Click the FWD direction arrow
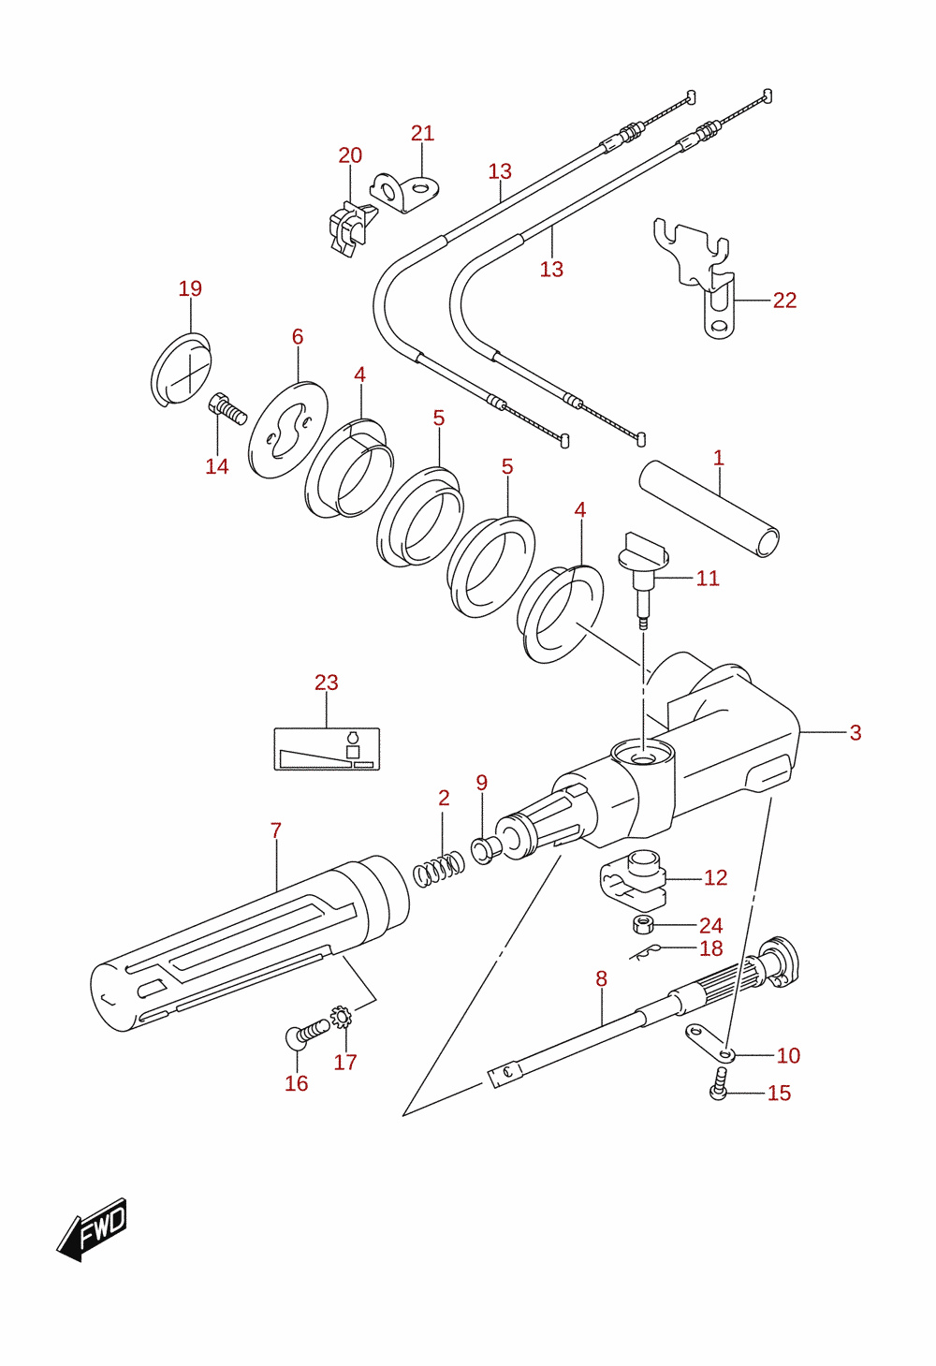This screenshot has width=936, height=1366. [x=92, y=1230]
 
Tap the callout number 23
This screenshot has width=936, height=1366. [x=327, y=683]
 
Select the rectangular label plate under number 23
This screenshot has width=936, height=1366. [x=327, y=749]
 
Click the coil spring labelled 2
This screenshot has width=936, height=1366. [x=438, y=869]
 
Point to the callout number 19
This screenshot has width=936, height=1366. [x=190, y=288]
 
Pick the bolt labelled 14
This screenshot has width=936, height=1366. [x=227, y=408]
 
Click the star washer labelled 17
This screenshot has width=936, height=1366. [x=342, y=1015]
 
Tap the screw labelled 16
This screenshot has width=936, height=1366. [x=306, y=1033]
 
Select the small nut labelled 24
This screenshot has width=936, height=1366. [x=643, y=924]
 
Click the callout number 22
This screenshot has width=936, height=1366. [x=784, y=300]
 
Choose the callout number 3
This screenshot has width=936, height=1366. [x=855, y=732]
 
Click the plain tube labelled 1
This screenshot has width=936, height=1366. [x=709, y=508]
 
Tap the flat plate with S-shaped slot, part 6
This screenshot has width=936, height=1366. [x=287, y=430]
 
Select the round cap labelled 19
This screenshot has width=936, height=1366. [x=181, y=370]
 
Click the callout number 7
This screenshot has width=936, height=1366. [x=275, y=830]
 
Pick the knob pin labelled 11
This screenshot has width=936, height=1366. [x=643, y=580]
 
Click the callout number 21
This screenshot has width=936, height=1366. [x=422, y=133]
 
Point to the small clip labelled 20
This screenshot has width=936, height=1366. [x=350, y=228]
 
